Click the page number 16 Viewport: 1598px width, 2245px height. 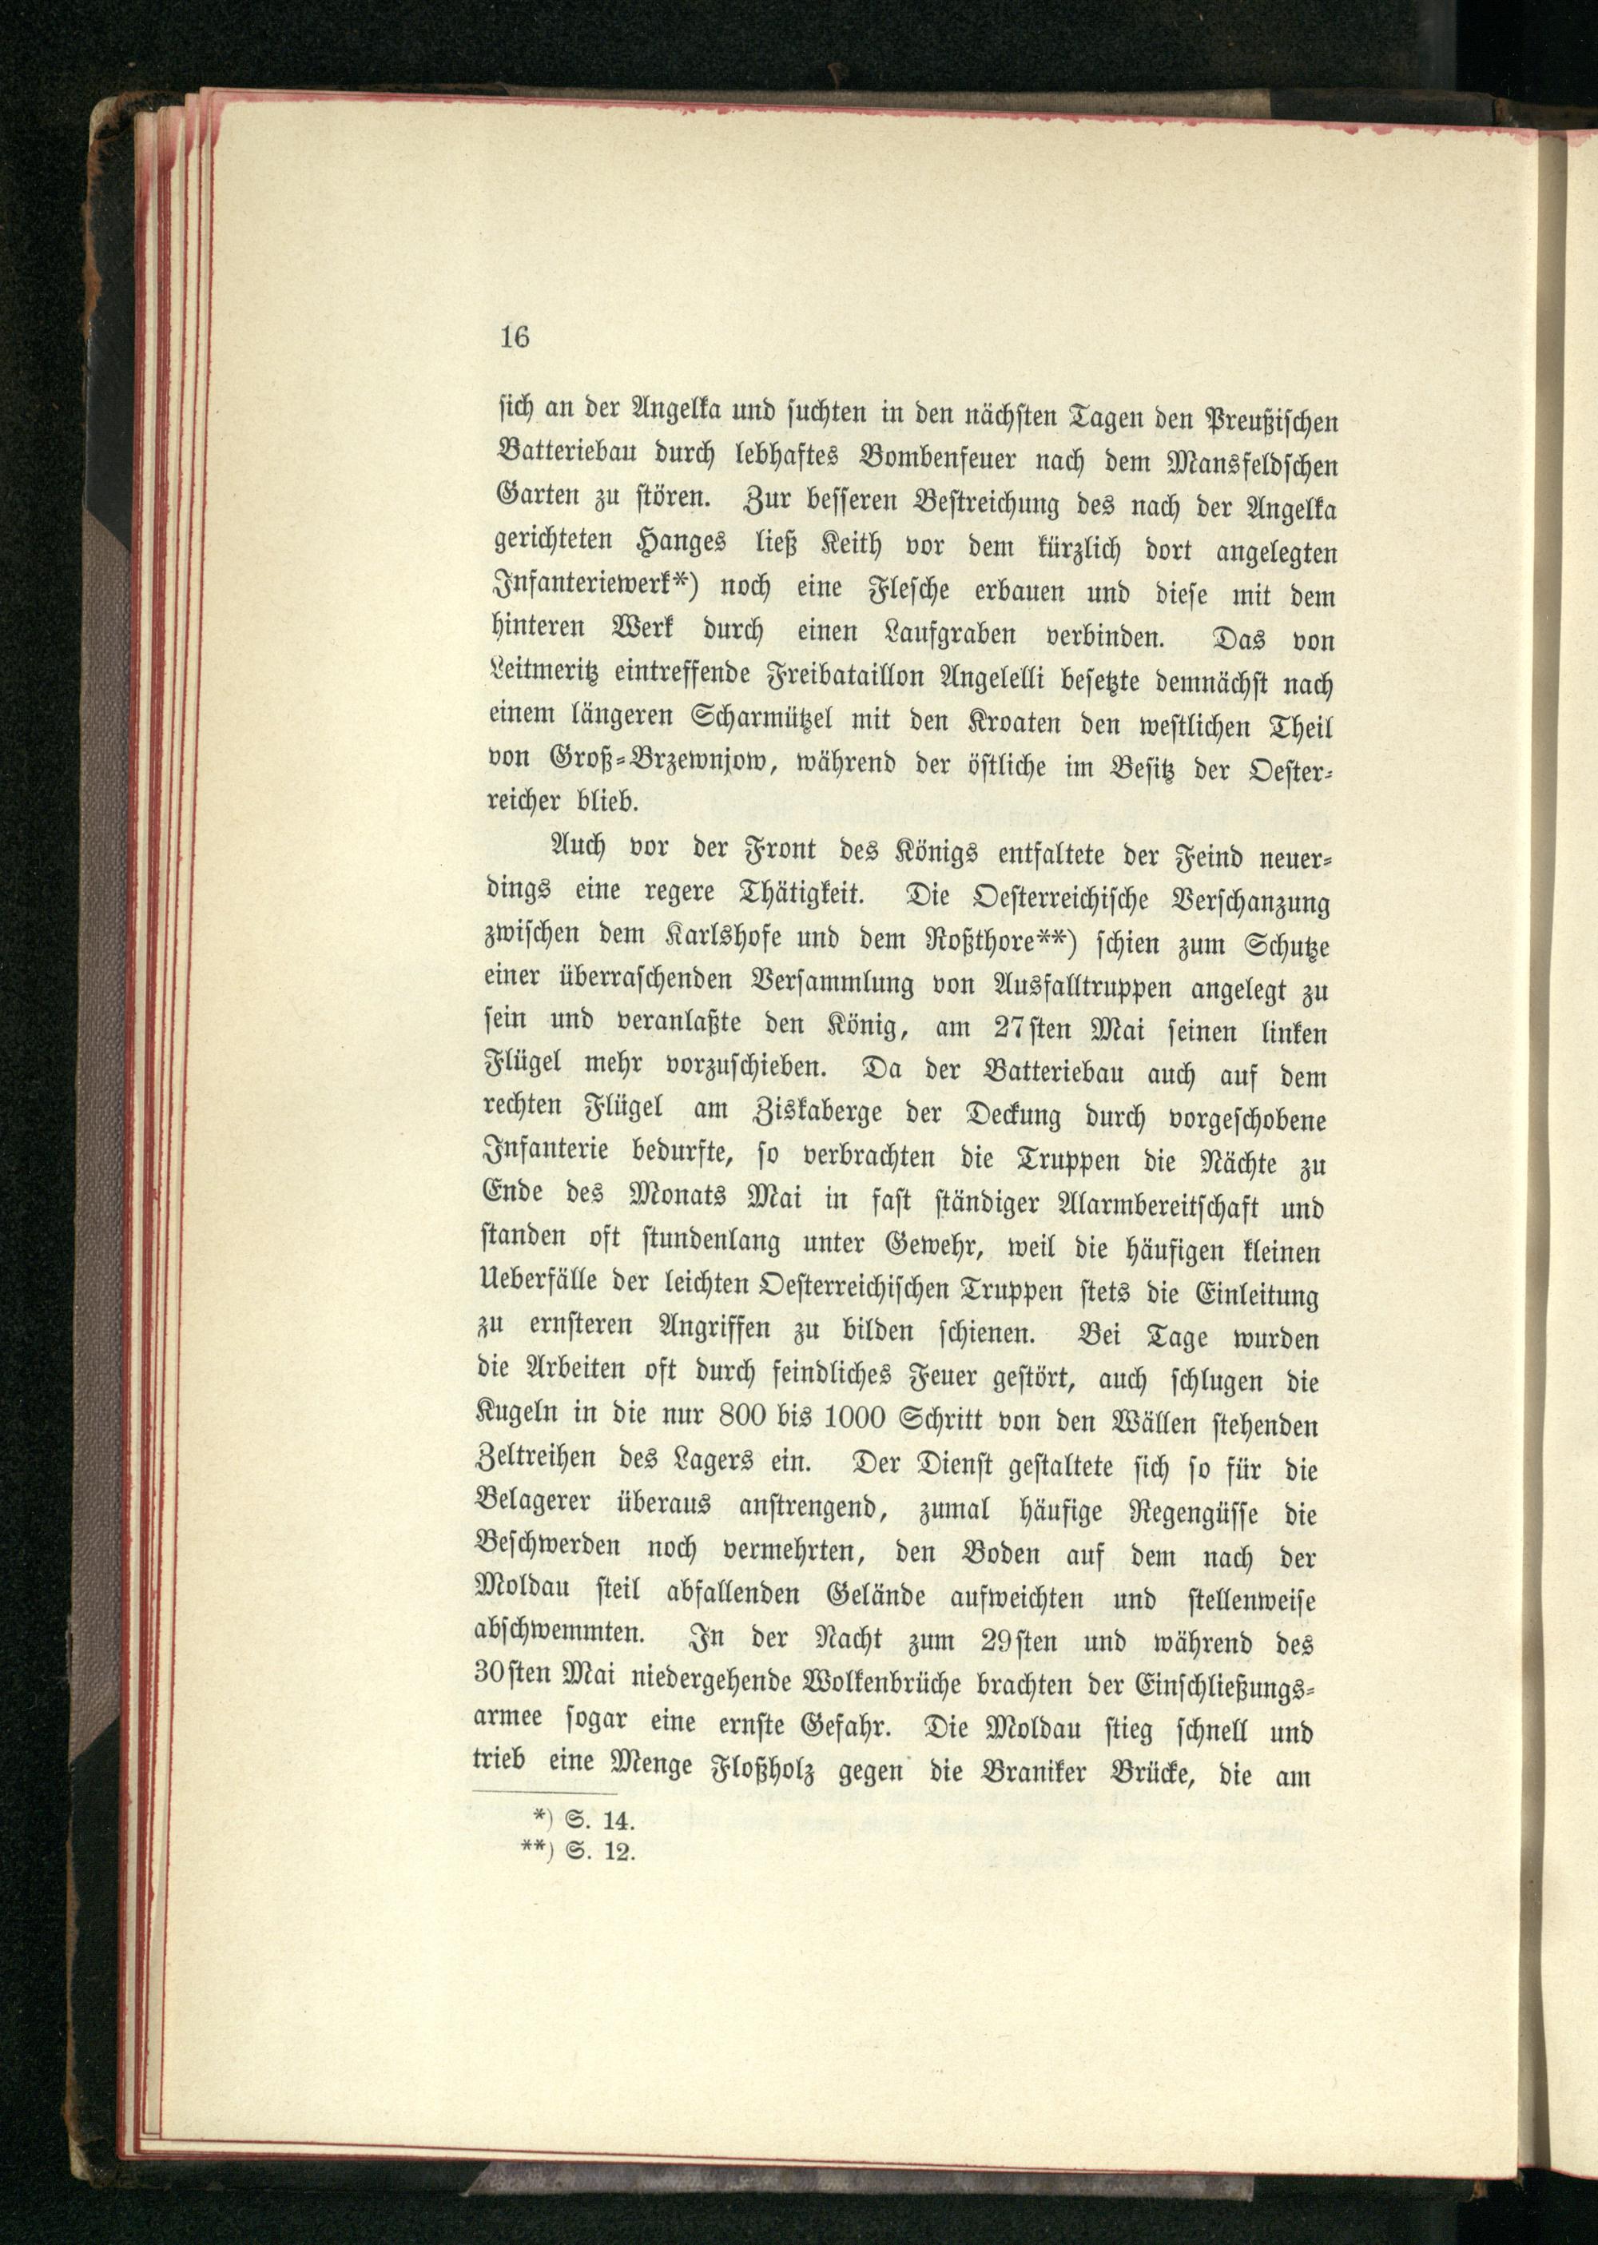click(515, 337)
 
